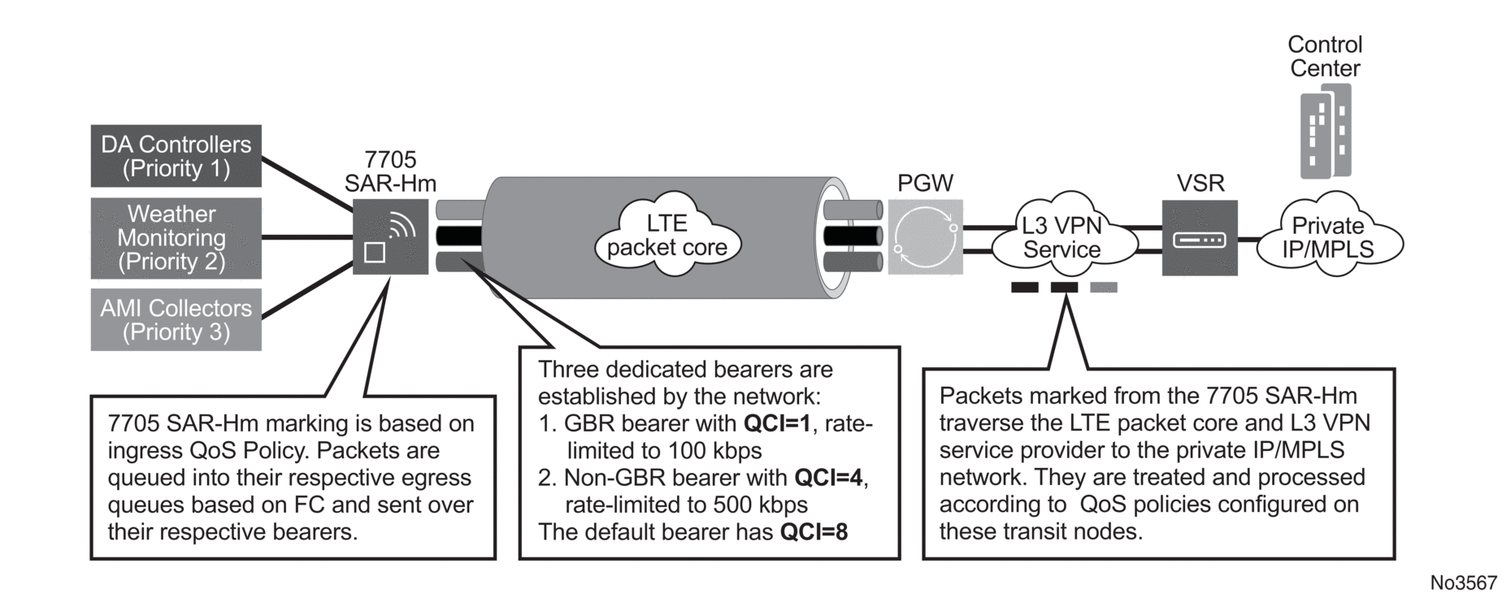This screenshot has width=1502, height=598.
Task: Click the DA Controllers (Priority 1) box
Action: (x=176, y=156)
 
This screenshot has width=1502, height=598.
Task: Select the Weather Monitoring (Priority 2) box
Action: (x=176, y=237)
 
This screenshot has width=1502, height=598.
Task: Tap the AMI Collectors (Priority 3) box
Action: (x=176, y=319)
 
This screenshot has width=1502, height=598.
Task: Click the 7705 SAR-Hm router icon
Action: (x=390, y=237)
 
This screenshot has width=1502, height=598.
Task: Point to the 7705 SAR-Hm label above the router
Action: (x=390, y=171)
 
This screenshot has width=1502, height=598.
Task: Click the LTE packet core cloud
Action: (x=666, y=235)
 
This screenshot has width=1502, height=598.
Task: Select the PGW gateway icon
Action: (x=925, y=237)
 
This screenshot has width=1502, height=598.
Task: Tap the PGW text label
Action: (x=925, y=184)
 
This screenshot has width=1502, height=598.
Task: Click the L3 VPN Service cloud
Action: (x=1061, y=236)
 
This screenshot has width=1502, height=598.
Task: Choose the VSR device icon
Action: (x=1200, y=238)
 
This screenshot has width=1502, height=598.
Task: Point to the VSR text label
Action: (x=1200, y=184)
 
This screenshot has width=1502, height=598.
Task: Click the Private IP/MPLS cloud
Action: (x=1328, y=236)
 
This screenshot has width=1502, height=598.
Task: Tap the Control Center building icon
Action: (x=1326, y=130)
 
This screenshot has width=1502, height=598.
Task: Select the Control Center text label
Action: (x=1325, y=56)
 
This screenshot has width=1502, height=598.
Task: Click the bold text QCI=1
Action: (x=777, y=423)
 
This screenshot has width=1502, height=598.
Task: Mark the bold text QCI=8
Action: (x=814, y=531)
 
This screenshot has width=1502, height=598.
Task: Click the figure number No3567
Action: (x=1463, y=583)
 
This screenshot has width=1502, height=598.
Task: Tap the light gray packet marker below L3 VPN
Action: (x=1103, y=288)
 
